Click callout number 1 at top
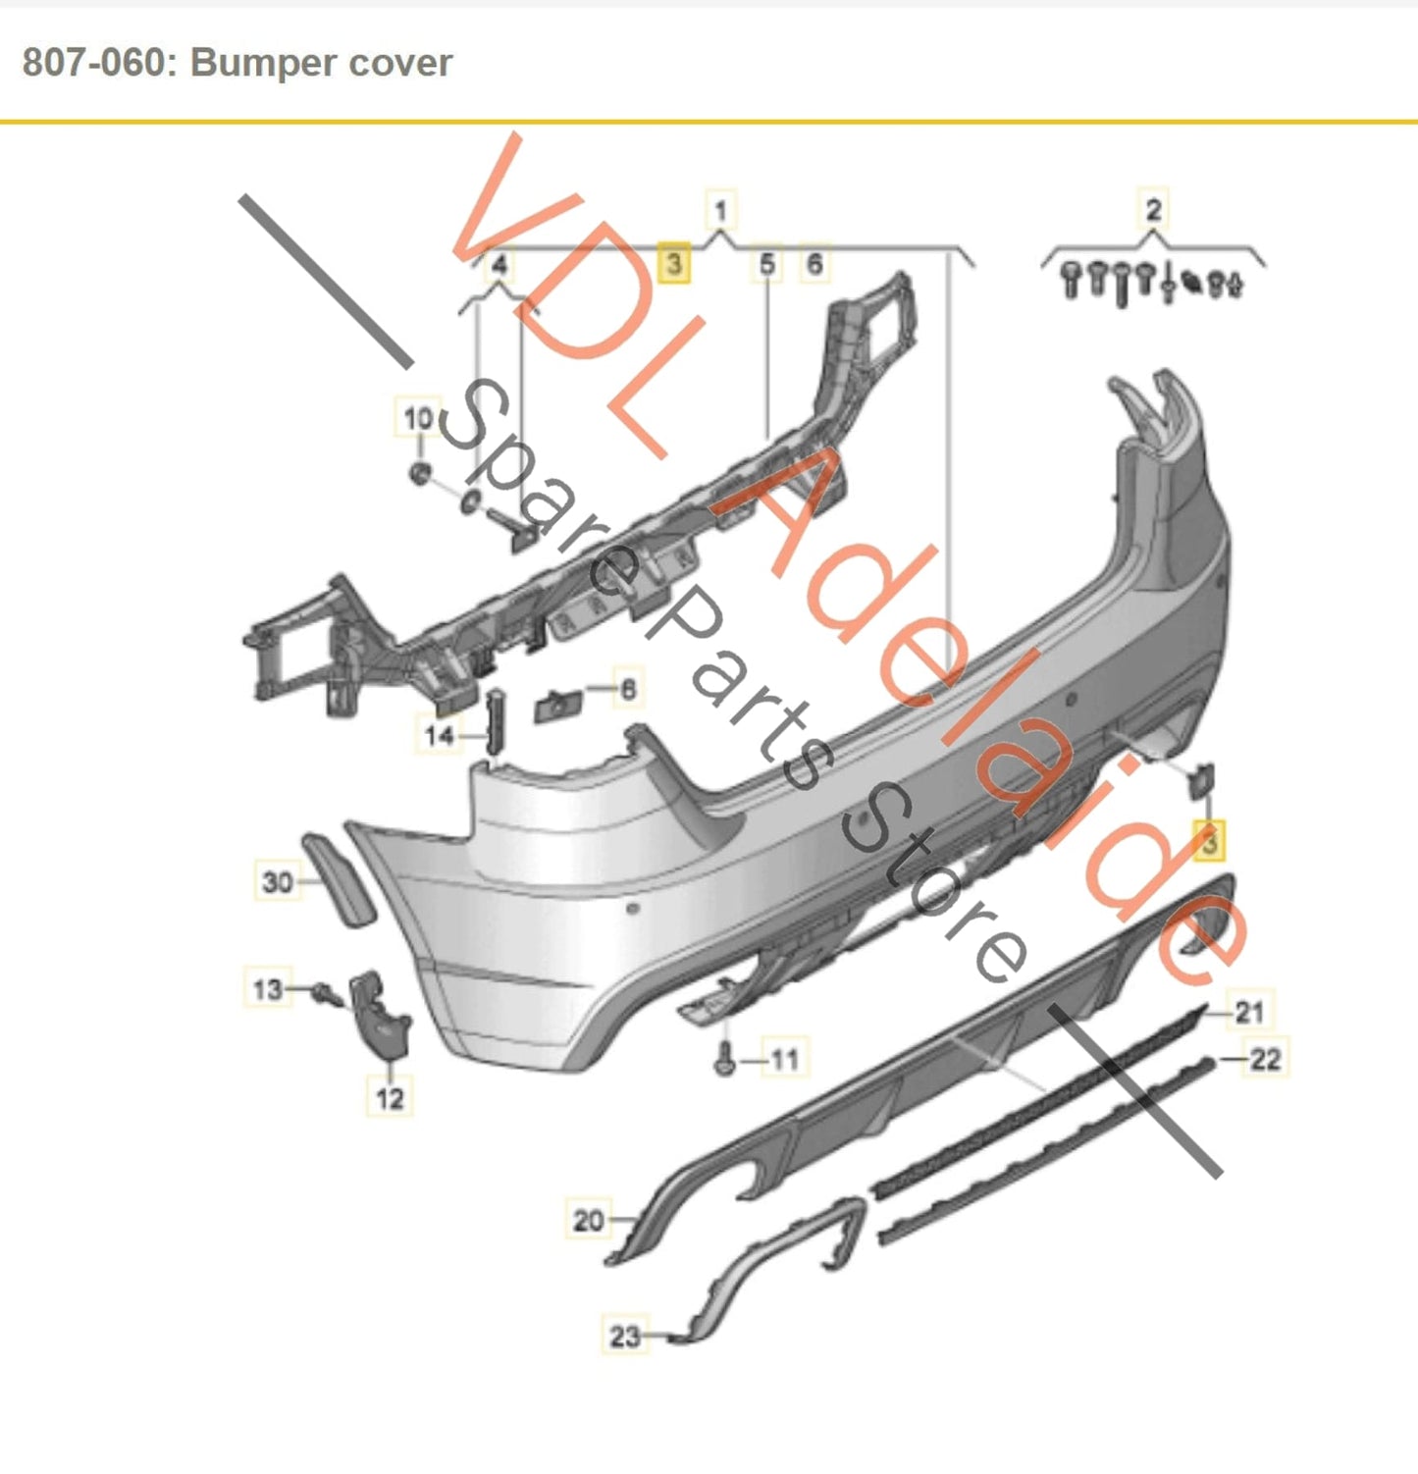click(x=720, y=210)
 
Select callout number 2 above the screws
click(x=1153, y=209)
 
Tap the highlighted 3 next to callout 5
click(x=673, y=264)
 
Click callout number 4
click(x=499, y=265)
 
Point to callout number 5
click(x=767, y=264)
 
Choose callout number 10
click(x=418, y=419)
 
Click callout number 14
click(x=440, y=734)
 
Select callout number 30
click(x=278, y=881)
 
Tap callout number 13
click(x=267, y=988)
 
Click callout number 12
click(x=390, y=1097)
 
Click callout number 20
click(x=588, y=1220)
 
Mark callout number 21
click(x=1249, y=1011)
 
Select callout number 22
click(x=1265, y=1059)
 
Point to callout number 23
click(x=625, y=1336)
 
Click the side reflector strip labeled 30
click(x=339, y=880)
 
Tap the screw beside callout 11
click(x=725, y=1060)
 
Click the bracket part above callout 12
click(x=379, y=1017)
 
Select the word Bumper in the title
click(x=263, y=63)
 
